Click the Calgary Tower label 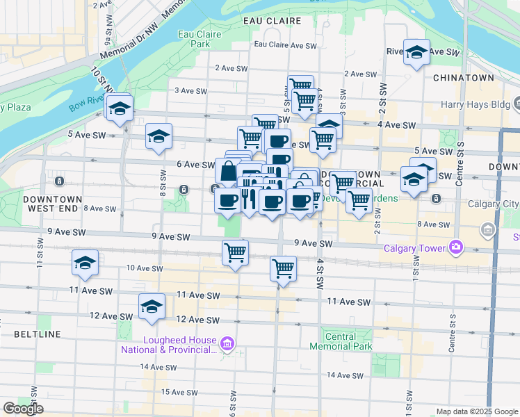pyautogui.click(x=415, y=247)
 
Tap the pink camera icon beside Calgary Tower pyautogui.click(x=457, y=247)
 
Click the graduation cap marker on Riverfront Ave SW pyautogui.click(x=416, y=52)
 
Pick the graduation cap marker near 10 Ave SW pyautogui.click(x=86, y=263)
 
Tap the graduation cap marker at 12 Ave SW pyautogui.click(x=152, y=306)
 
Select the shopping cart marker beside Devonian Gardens pyautogui.click(x=359, y=202)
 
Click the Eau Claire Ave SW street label pyautogui.click(x=285, y=44)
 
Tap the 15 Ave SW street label pyautogui.click(x=176, y=392)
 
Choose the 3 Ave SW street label pyautogui.click(x=190, y=90)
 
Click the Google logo pyautogui.click(x=23, y=409)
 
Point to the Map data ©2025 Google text pyautogui.click(x=476, y=411)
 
